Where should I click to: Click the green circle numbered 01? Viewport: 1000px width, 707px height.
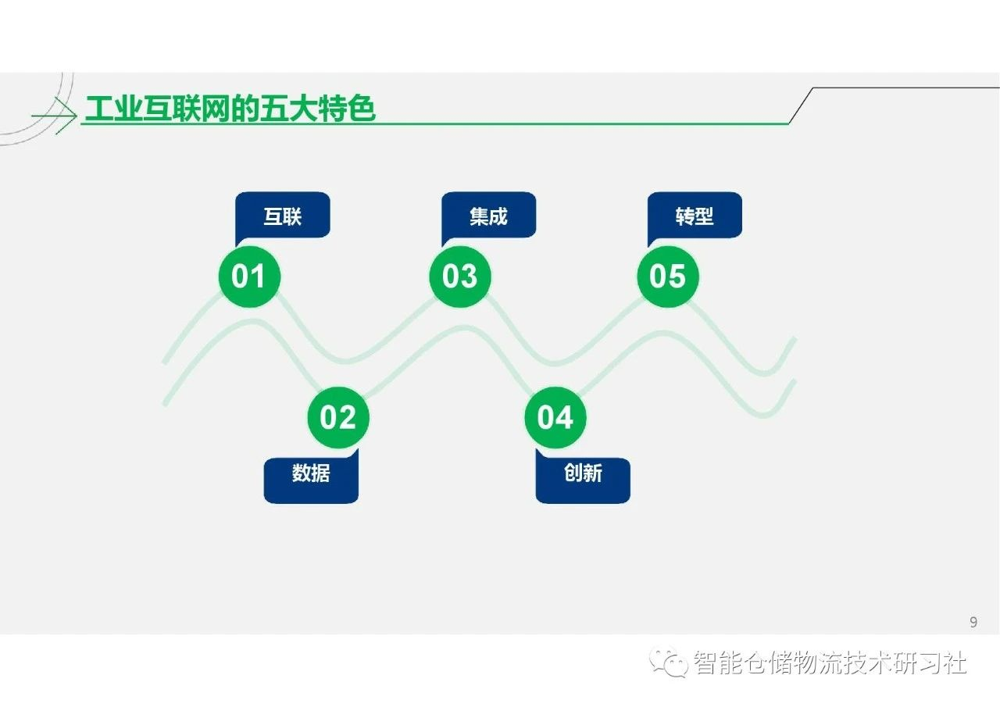(x=249, y=277)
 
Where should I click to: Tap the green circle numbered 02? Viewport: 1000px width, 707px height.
(x=338, y=417)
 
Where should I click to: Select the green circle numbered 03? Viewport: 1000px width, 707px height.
(x=460, y=277)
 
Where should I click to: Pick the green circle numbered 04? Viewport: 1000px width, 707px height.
(x=555, y=417)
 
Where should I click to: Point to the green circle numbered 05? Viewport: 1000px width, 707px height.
(x=668, y=277)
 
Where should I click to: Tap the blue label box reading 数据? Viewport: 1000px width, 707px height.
(x=311, y=477)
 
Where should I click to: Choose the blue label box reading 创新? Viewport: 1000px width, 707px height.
(x=583, y=477)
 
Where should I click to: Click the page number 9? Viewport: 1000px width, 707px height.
(x=973, y=622)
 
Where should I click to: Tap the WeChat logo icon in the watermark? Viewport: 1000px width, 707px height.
(x=668, y=662)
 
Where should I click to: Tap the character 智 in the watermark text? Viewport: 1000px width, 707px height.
(x=705, y=662)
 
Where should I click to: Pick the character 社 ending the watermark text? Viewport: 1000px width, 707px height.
(x=954, y=662)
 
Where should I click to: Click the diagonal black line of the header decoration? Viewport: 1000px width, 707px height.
(x=802, y=105)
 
